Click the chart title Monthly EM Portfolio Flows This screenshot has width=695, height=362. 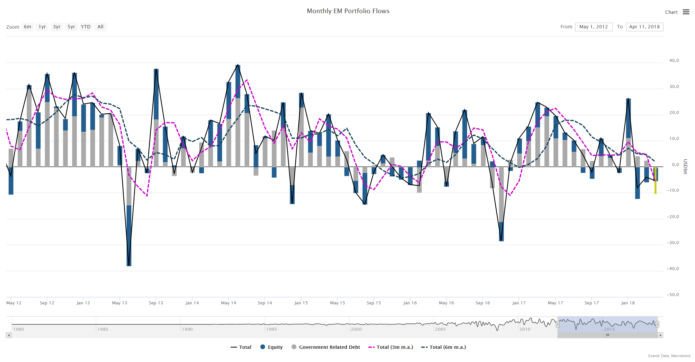tap(348, 11)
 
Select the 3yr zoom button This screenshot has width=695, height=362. tap(57, 27)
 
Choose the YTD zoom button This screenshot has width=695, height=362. tap(86, 27)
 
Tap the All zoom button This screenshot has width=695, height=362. tap(100, 27)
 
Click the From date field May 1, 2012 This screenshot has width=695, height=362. tap(593, 27)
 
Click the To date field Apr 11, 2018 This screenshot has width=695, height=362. tap(644, 27)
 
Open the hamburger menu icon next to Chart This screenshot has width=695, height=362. tap(686, 12)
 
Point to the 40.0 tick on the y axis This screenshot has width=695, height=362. tap(674, 61)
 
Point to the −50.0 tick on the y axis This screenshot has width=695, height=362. tap(673, 295)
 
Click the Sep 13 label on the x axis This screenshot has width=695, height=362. tap(156, 303)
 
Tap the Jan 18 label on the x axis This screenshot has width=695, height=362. tap(628, 303)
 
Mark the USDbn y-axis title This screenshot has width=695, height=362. tap(685, 167)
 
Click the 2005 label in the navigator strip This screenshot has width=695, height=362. tap(440, 329)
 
